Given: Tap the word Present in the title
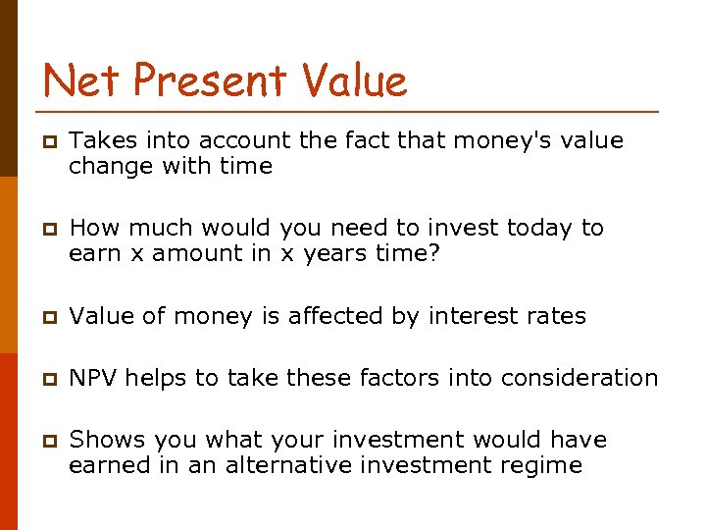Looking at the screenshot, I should click(x=210, y=79).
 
